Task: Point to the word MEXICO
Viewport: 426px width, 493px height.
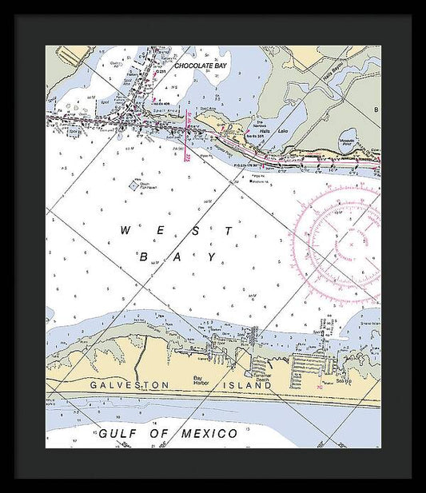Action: (x=207, y=434)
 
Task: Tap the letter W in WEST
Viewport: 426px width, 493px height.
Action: (x=125, y=230)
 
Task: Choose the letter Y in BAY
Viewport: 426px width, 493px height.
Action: (x=212, y=256)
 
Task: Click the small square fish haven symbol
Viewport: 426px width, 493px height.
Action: (x=133, y=185)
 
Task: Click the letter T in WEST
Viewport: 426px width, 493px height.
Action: (x=229, y=230)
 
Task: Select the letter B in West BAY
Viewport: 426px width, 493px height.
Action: (x=144, y=256)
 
